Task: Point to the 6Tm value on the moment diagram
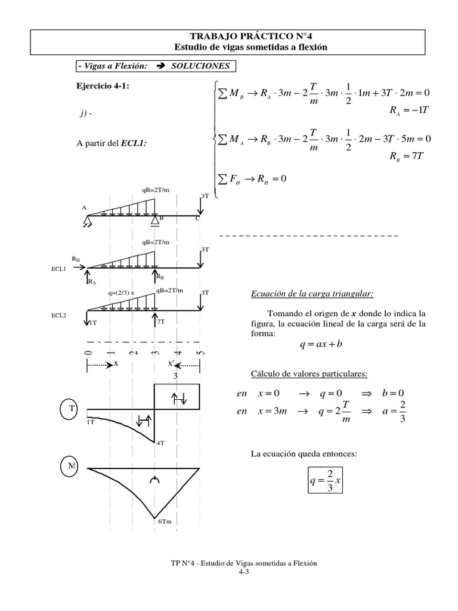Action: [x=165, y=521]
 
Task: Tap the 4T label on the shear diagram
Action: [x=160, y=443]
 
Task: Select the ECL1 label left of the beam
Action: [x=58, y=269]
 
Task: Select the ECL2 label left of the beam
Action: [x=58, y=316]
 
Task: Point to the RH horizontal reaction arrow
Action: [x=79, y=268]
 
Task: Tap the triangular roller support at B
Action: [x=154, y=221]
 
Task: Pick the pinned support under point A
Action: [x=88, y=221]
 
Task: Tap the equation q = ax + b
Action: [x=320, y=344]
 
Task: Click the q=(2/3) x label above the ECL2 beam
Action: [x=122, y=293]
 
